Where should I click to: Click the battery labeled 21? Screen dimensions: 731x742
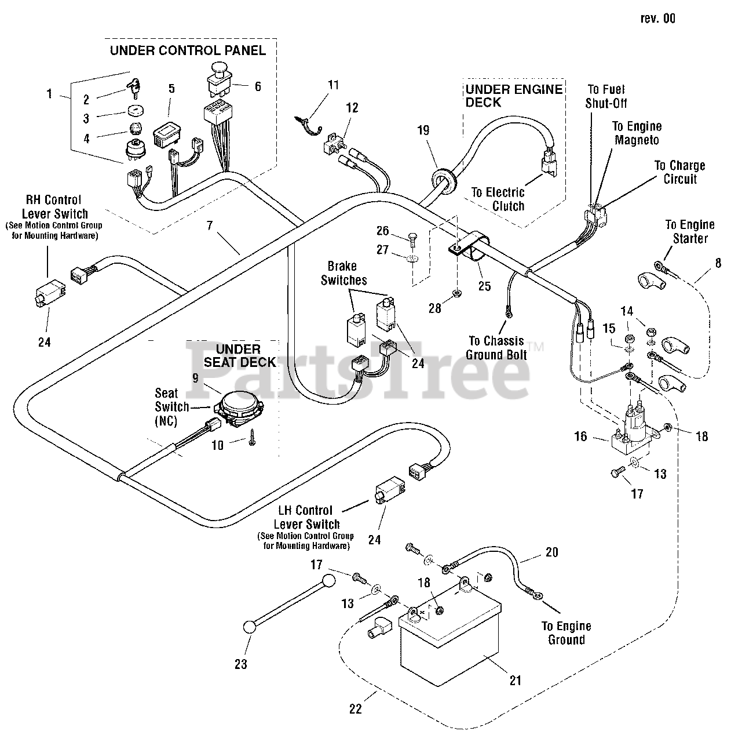click(451, 635)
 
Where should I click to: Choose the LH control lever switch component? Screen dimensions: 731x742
click(390, 489)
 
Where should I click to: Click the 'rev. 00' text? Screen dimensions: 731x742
click(657, 19)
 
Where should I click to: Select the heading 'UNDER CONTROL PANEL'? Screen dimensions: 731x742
click(188, 50)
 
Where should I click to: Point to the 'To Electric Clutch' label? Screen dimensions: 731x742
click(499, 199)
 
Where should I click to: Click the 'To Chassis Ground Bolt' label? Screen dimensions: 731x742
click(496, 348)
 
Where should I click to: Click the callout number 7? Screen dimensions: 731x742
click(210, 225)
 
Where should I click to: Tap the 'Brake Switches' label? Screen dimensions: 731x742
click(343, 273)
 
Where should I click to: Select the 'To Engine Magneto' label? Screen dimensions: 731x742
click(637, 133)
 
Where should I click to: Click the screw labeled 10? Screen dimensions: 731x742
click(251, 438)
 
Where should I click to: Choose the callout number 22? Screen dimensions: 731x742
click(356, 709)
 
